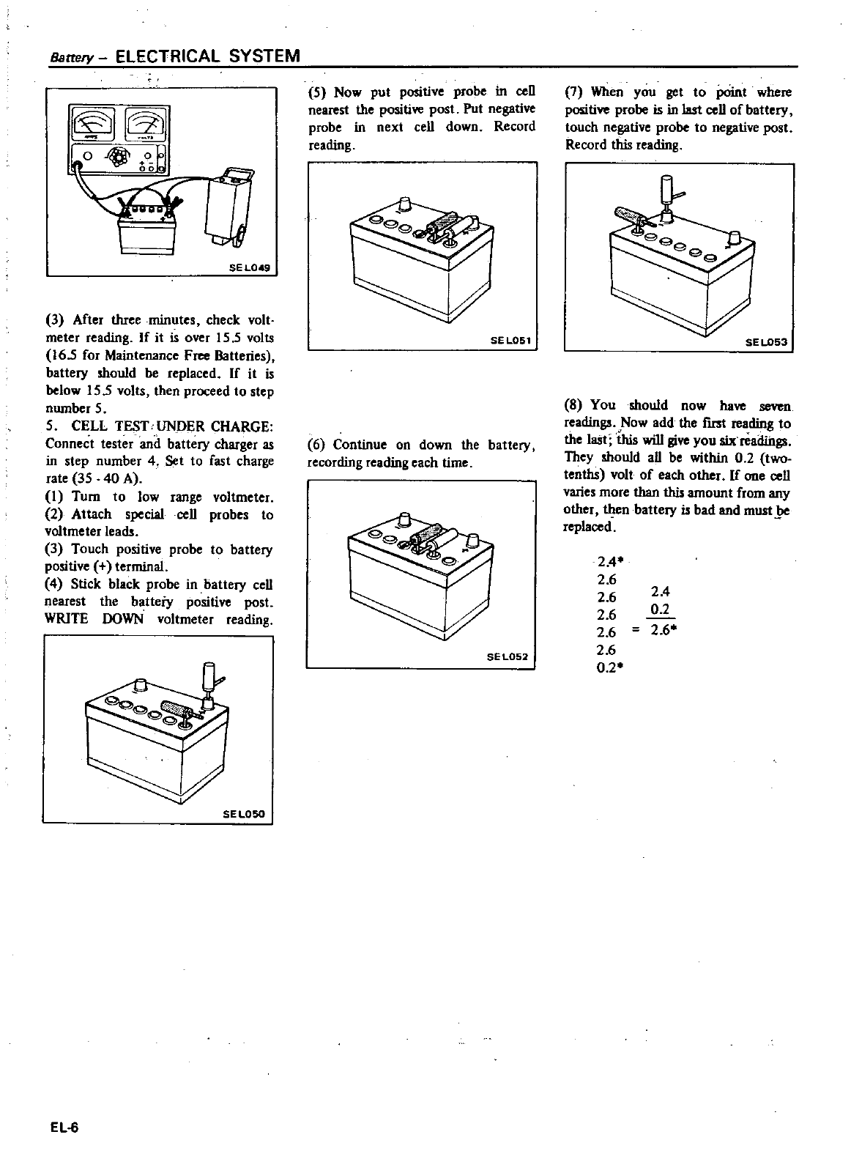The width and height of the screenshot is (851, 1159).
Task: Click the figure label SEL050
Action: coord(245,814)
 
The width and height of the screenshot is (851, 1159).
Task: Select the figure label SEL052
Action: coord(508,656)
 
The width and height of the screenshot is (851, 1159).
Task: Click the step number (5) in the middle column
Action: coord(318,92)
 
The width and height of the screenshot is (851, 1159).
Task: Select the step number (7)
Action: coord(575,92)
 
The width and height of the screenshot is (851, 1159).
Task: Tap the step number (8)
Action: coord(575,405)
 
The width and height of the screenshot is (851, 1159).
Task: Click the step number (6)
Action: coord(317,445)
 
